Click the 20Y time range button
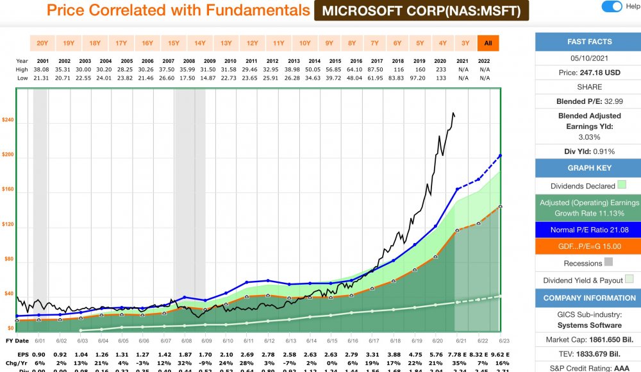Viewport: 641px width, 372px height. pyautogui.click(x=42, y=43)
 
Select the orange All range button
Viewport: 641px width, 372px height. pyautogui.click(x=488, y=43)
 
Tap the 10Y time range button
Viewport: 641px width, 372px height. pyautogui.click(x=304, y=43)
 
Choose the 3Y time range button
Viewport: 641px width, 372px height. pyautogui.click(x=465, y=43)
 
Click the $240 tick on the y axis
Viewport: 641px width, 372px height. pyautogui.click(x=8, y=120)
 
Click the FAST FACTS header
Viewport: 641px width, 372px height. pyautogui.click(x=589, y=42)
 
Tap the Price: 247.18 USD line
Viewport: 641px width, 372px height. pyautogui.click(x=589, y=72)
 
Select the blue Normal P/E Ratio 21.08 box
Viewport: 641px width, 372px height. pyautogui.click(x=589, y=230)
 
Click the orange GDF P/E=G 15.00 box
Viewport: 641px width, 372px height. pyautogui.click(x=589, y=246)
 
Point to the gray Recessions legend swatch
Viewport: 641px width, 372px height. pyautogui.click(x=608, y=262)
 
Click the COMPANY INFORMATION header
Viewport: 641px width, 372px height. pyautogui.click(x=589, y=298)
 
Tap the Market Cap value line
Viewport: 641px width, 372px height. pyautogui.click(x=589, y=339)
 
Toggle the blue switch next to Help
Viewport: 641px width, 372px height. pyautogui.click(x=612, y=6)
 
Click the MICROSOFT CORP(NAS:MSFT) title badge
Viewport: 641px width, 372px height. pyautogui.click(x=421, y=11)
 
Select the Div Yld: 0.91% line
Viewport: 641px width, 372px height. pyautogui.click(x=589, y=151)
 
